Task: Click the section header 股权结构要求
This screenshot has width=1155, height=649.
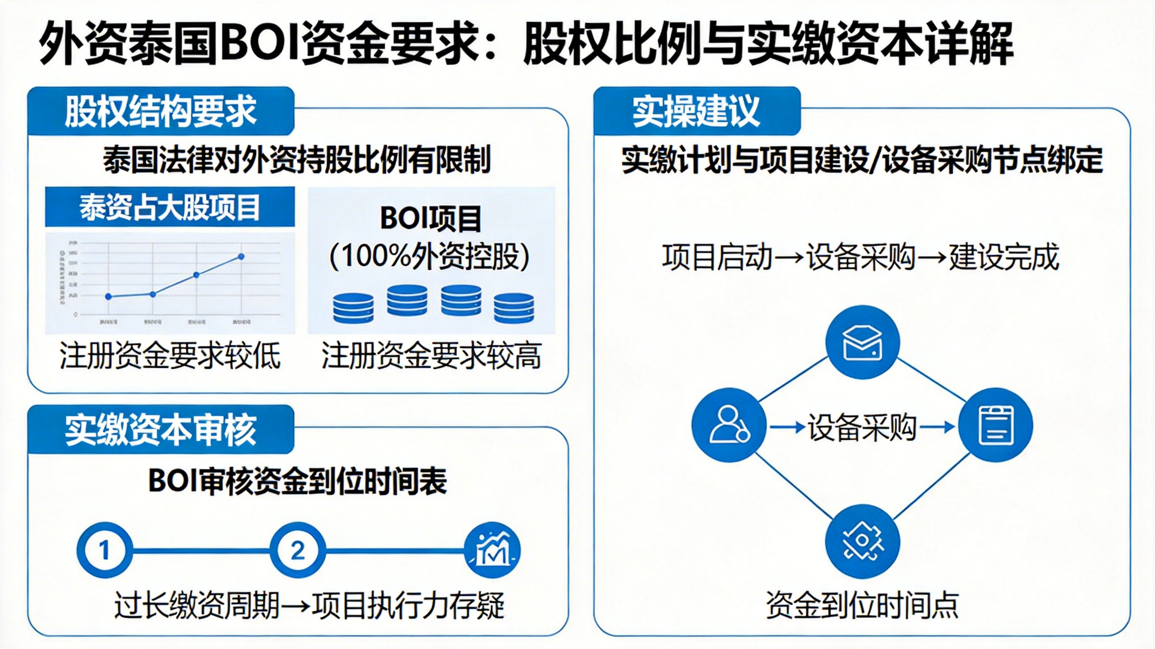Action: pyautogui.click(x=161, y=111)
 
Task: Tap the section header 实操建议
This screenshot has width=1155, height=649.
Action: pyautogui.click(x=696, y=111)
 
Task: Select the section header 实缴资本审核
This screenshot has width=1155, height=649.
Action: pyautogui.click(x=161, y=430)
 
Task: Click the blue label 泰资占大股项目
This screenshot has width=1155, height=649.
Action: pyautogui.click(x=170, y=207)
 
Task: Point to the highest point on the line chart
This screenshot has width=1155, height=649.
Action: pyautogui.click(x=241, y=256)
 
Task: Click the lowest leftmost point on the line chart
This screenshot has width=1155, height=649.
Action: pyautogui.click(x=108, y=297)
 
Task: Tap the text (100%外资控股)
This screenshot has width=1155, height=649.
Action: pyautogui.click(x=430, y=257)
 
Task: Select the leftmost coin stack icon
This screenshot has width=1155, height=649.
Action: pyautogui.click(x=353, y=308)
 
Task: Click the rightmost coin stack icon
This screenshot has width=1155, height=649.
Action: pyautogui.click(x=514, y=308)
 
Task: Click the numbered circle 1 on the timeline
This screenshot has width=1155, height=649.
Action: pyautogui.click(x=105, y=550)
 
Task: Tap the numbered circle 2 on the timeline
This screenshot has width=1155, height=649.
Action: pyautogui.click(x=297, y=550)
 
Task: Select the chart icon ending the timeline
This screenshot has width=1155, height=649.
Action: pyautogui.click(x=492, y=550)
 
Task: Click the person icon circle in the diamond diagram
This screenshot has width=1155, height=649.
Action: pyautogui.click(x=729, y=425)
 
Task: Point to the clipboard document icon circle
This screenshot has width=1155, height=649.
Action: pyautogui.click(x=995, y=425)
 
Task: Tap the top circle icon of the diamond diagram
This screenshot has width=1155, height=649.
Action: pyautogui.click(x=862, y=343)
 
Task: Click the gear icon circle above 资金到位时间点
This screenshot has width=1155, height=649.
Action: pyautogui.click(x=862, y=541)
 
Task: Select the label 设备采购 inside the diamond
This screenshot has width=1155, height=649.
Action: pyautogui.click(x=862, y=427)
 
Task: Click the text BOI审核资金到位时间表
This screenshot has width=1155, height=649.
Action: pyautogui.click(x=297, y=481)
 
